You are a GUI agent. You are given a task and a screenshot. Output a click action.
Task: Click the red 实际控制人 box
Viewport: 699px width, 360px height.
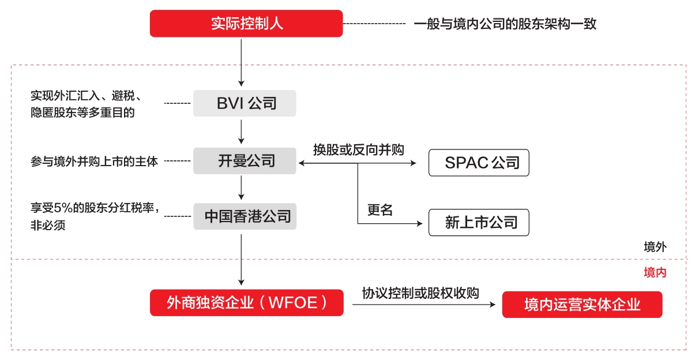(246, 24)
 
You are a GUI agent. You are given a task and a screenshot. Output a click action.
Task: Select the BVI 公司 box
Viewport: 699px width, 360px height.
(245, 103)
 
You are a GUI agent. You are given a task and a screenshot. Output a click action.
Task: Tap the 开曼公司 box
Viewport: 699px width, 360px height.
(245, 161)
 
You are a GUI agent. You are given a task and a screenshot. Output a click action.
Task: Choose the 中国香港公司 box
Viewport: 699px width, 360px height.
(245, 217)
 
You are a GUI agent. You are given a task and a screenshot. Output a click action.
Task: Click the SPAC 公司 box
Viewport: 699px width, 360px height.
(479, 163)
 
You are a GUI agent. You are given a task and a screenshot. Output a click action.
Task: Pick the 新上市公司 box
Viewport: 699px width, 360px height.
(479, 223)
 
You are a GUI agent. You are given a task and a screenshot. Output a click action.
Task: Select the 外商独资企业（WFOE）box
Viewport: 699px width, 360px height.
(246, 302)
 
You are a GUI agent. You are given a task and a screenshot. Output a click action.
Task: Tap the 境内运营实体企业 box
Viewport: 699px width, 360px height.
(582, 305)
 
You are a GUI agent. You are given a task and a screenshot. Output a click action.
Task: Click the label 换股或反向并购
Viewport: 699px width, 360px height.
(358, 149)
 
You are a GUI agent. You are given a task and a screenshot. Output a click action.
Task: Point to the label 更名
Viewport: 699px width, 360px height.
(380, 209)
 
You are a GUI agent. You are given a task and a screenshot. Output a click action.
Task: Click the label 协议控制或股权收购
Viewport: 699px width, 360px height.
(420, 292)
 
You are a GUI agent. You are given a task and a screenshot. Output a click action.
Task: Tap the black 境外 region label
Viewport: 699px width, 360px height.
(655, 247)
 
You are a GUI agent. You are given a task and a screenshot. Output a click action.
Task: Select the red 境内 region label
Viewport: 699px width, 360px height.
(655, 272)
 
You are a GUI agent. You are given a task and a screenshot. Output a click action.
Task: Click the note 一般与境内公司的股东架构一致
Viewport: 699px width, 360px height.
(505, 24)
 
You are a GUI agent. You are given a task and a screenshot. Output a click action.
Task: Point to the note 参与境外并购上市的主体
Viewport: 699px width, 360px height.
(94, 161)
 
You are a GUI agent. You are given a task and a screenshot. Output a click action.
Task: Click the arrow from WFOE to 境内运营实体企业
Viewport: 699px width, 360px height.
(424, 305)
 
